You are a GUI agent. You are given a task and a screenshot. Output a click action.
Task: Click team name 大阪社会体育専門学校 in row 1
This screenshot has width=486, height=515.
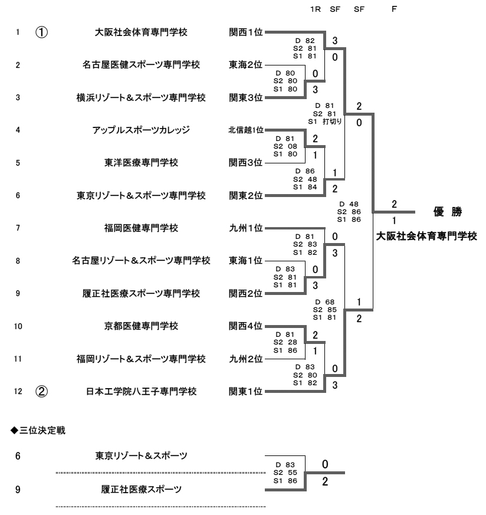142,32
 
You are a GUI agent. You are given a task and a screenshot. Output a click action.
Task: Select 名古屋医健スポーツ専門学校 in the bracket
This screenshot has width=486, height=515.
142,65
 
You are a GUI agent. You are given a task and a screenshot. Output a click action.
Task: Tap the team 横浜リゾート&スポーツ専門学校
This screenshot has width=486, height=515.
142,97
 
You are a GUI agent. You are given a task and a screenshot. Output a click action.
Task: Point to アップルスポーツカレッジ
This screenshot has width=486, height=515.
142,130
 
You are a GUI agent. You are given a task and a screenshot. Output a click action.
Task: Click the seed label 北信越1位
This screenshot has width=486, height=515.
247,130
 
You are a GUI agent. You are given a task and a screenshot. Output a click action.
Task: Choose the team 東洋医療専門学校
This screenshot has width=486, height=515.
142,162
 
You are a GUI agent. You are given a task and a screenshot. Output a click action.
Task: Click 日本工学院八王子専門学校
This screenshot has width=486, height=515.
142,391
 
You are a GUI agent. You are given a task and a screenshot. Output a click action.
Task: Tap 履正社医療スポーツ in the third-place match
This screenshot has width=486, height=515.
142,489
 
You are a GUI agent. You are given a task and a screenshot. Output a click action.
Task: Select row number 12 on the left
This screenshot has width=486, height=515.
19,391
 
